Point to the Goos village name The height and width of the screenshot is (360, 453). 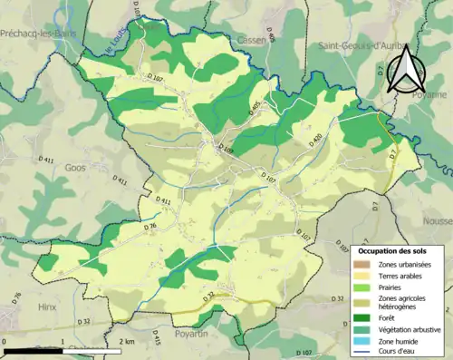(74, 168)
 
